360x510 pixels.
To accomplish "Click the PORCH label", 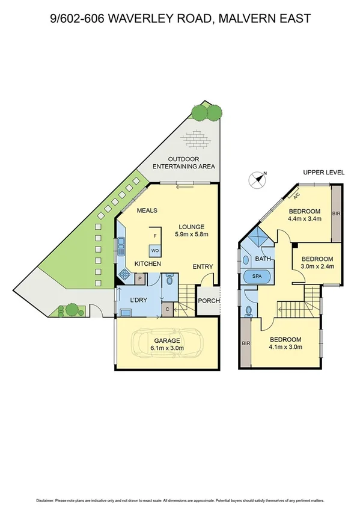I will point(209,301).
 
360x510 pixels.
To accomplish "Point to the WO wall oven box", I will point(154,250).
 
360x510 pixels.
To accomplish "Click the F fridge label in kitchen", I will point(155,236).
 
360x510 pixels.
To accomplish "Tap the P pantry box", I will point(139,278).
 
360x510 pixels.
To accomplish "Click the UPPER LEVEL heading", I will point(323,173).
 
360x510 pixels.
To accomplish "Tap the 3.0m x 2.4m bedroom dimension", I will point(317,266).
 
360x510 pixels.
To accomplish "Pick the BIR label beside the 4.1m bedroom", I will point(245,343).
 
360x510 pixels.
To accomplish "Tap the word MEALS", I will point(147,210).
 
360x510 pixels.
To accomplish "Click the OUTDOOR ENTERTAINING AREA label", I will point(184,162).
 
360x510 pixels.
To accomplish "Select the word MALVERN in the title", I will point(245,19).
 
